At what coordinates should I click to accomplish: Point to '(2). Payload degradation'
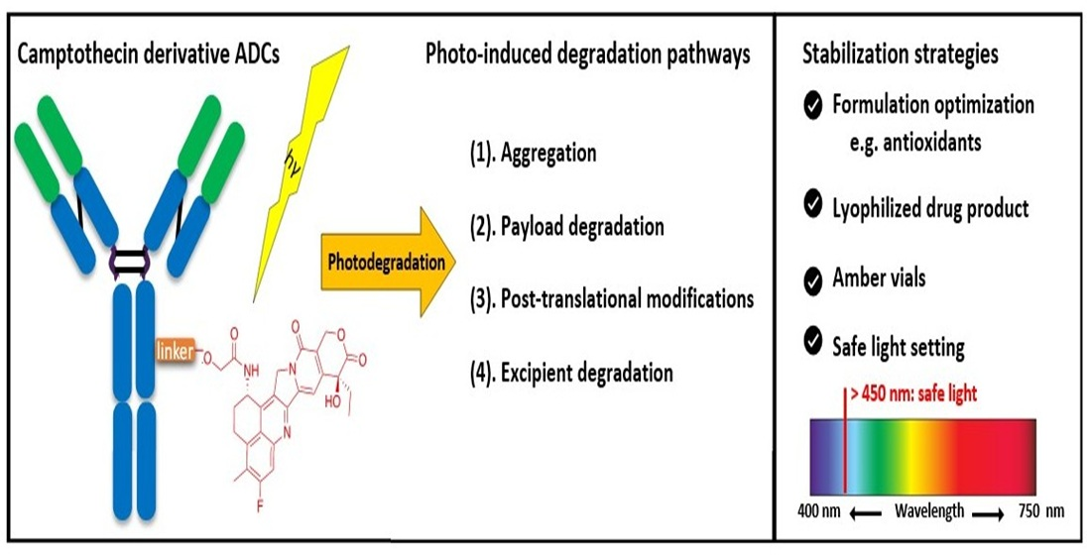coord(566,226)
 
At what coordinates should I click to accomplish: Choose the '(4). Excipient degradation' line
coord(571,373)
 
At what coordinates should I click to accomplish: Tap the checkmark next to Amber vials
coord(813,278)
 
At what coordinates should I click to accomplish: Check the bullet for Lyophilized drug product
coord(813,206)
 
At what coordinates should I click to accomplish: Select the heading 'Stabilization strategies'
coord(900,55)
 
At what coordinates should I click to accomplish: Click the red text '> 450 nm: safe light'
coord(912,394)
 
